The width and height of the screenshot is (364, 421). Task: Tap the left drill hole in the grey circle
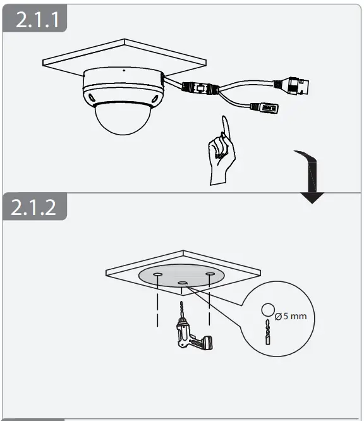pos(157,273)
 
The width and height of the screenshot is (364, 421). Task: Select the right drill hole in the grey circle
pos(210,273)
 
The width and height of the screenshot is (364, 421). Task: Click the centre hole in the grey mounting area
pos(183,283)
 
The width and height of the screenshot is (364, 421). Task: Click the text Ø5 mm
pos(290,314)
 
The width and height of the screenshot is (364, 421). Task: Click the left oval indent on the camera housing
pos(92,97)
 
